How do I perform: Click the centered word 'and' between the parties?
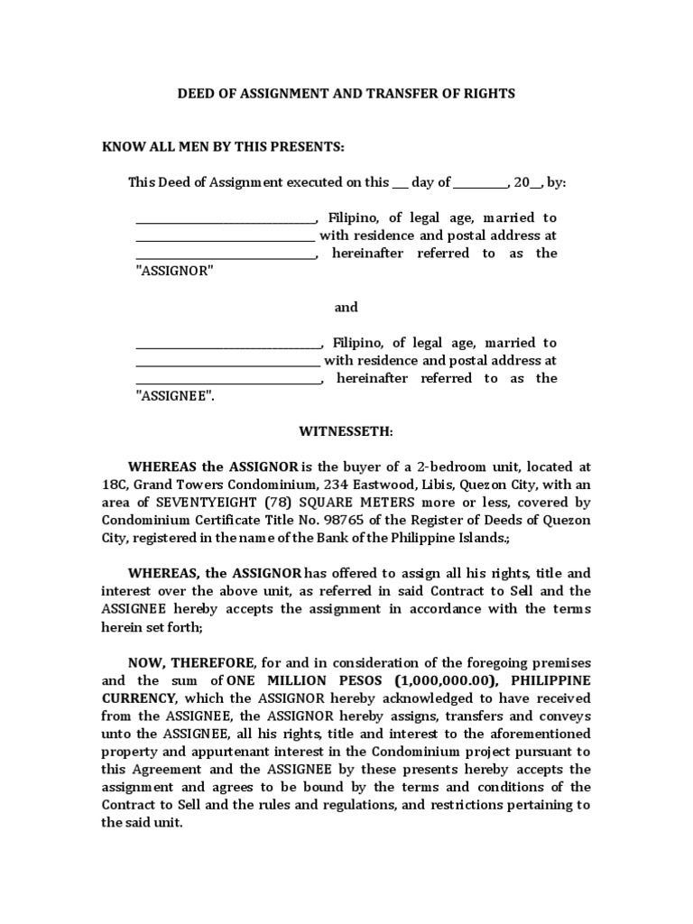tap(346, 308)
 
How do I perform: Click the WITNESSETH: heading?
tap(346, 432)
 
